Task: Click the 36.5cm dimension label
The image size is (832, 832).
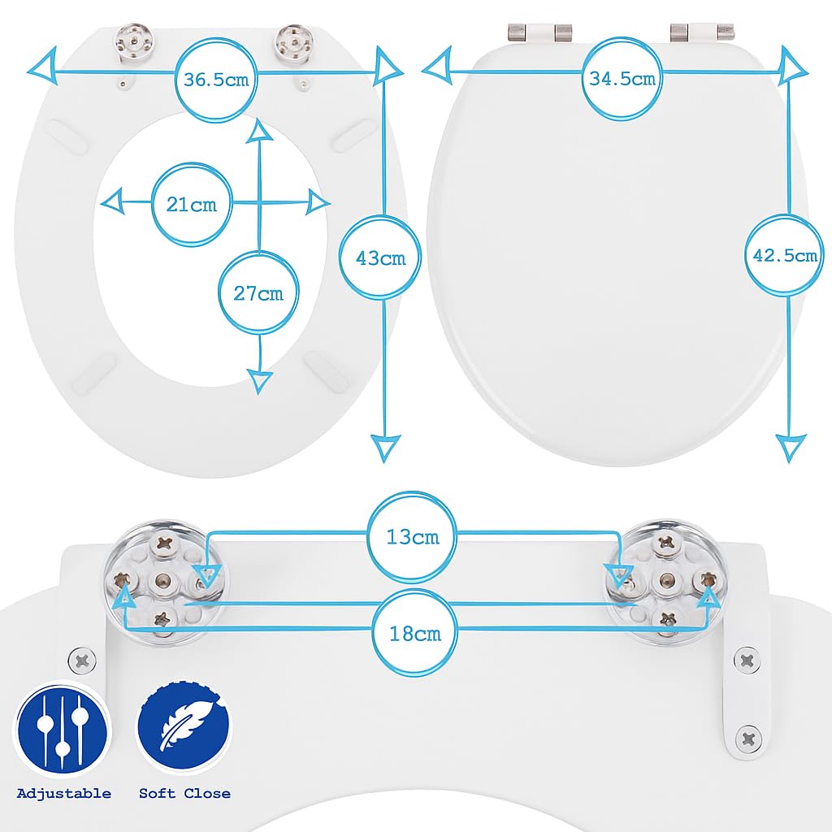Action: (216, 80)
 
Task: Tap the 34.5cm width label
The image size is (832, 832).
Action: (622, 79)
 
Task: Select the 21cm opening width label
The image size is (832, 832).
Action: (192, 204)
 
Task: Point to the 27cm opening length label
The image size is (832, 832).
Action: (258, 293)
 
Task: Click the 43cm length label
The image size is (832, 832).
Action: (380, 258)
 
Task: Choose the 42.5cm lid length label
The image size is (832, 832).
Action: (785, 256)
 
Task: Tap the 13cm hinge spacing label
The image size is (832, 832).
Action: (412, 537)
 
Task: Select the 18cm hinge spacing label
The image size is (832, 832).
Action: (415, 634)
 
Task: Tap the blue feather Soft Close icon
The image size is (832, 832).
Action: (184, 726)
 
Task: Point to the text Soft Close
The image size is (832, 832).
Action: (184, 794)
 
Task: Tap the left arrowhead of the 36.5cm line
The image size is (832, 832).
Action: (44, 65)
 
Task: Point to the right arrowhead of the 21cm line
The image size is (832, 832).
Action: (318, 202)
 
